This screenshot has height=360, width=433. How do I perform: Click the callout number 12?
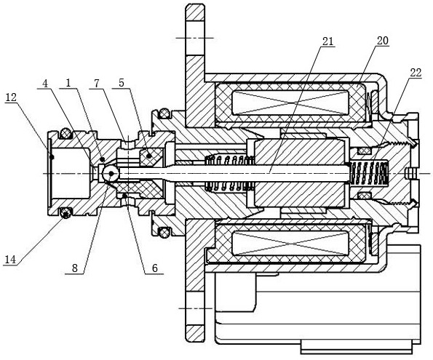10,97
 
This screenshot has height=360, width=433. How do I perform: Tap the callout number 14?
9,260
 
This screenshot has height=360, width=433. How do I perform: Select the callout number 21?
327,42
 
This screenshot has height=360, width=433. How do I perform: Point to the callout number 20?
383,41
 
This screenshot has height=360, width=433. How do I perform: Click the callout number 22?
416,73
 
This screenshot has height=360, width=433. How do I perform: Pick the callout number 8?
75,268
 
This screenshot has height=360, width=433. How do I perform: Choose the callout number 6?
154,268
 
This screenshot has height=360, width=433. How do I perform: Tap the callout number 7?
96,84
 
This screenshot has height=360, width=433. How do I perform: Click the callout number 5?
122,83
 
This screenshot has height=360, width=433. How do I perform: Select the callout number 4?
45,84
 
